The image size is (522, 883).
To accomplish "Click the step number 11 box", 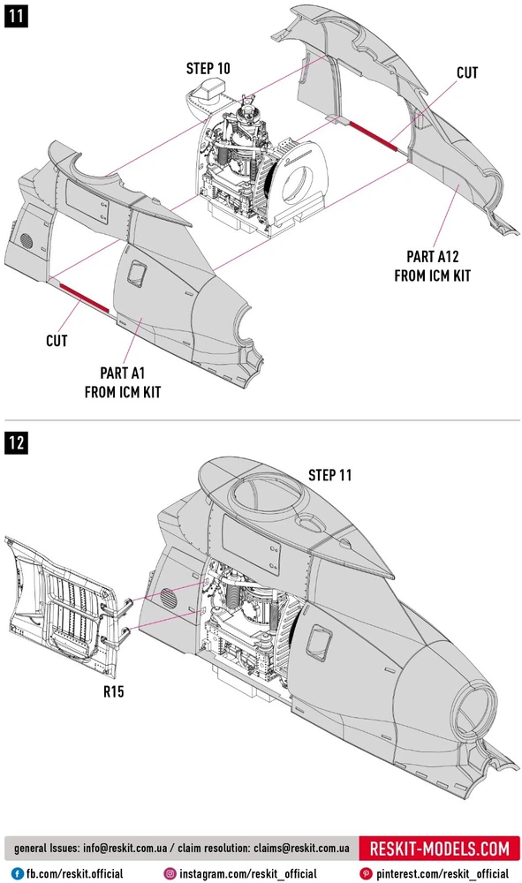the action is coord(16,15).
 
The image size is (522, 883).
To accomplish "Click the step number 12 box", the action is coord(16,442).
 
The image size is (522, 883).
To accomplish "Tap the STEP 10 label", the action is coord(208,69).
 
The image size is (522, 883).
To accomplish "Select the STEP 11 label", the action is coord(330,475).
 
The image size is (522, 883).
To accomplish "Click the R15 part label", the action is coord(113,691).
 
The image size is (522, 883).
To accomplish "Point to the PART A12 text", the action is coord(433,257).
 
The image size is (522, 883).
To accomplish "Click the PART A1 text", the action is coord(122,374).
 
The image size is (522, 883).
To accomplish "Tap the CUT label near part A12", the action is coord(467,73).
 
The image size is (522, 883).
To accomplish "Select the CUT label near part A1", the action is coord(57,341).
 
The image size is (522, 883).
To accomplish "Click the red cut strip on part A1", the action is coord(84,298).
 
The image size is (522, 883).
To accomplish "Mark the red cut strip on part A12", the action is coord(372,136).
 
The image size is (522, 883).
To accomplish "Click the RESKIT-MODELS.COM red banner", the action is coord(439,848).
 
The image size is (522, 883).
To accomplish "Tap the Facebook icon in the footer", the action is coord(18,874).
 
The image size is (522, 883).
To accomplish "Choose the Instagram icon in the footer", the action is coord(170,874).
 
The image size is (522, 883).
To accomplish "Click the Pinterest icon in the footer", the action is coord(366,874).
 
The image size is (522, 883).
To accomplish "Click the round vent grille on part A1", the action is coord(26,240).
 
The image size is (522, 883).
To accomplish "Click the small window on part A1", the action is coord(136,275).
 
